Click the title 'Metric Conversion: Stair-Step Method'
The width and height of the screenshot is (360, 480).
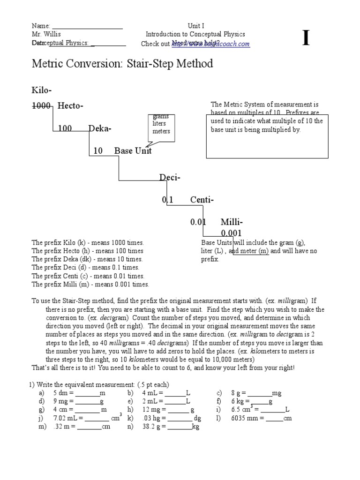coord(122,64)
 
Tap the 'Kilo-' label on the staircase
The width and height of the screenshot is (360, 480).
coord(41,90)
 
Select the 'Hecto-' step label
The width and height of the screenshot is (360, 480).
coord(70,106)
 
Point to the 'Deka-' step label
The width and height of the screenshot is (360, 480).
coord(100,128)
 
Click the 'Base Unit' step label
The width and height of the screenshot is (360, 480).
coord(133,151)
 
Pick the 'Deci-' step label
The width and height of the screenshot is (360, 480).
coord(170,178)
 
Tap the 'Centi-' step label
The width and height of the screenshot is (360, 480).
coord(202,200)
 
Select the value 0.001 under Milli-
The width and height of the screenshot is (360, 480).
coord(232,233)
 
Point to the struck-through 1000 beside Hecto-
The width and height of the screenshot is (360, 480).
coord(41,106)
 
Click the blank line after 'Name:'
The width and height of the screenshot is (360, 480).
coord(87,26)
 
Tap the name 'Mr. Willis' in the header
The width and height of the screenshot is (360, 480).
coord(46,34)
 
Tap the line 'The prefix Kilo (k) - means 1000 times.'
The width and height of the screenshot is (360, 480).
coord(88,243)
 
